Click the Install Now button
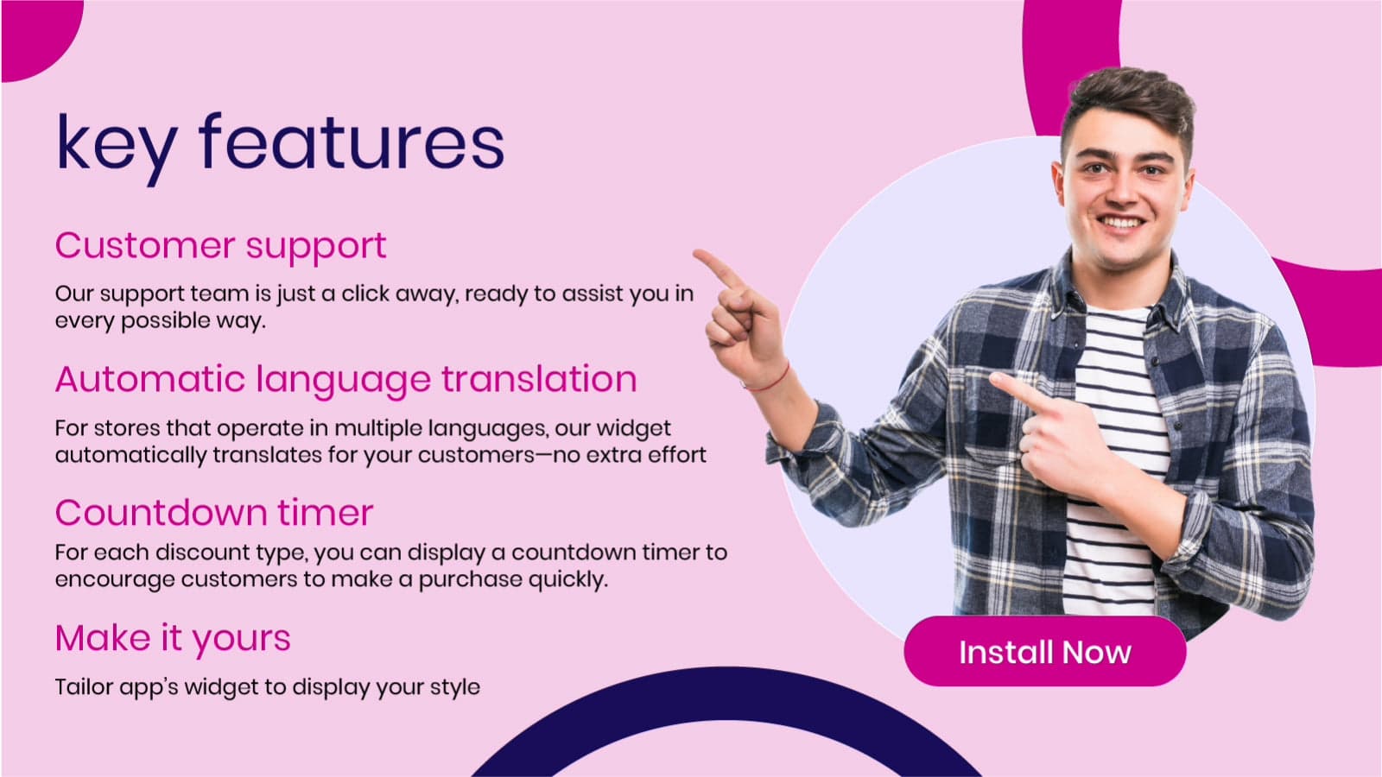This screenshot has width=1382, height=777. [x=1044, y=651]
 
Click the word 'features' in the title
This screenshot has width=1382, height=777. [x=351, y=142]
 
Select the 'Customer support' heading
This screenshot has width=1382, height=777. [x=220, y=247]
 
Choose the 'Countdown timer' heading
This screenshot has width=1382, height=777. [x=214, y=512]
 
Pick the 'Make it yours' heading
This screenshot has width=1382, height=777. [x=173, y=639]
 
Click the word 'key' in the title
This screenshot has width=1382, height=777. [x=117, y=148]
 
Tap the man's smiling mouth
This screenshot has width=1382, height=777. [x=1121, y=222]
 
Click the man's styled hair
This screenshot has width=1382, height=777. [x=1129, y=104]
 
